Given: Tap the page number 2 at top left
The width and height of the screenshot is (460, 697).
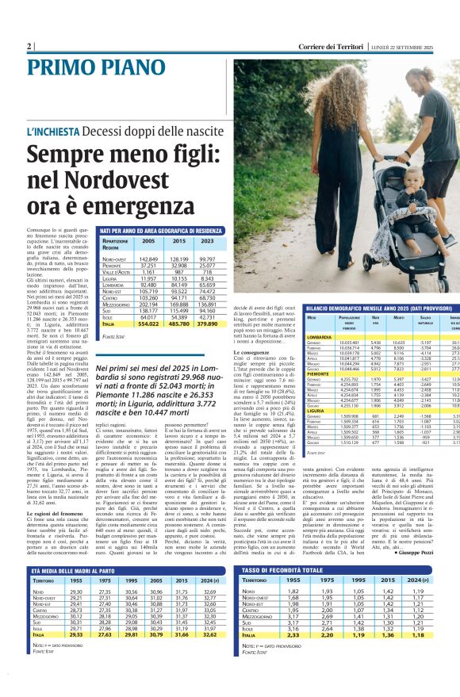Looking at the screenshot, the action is click(29, 47).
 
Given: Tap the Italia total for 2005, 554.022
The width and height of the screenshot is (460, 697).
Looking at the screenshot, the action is click(148, 324).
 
